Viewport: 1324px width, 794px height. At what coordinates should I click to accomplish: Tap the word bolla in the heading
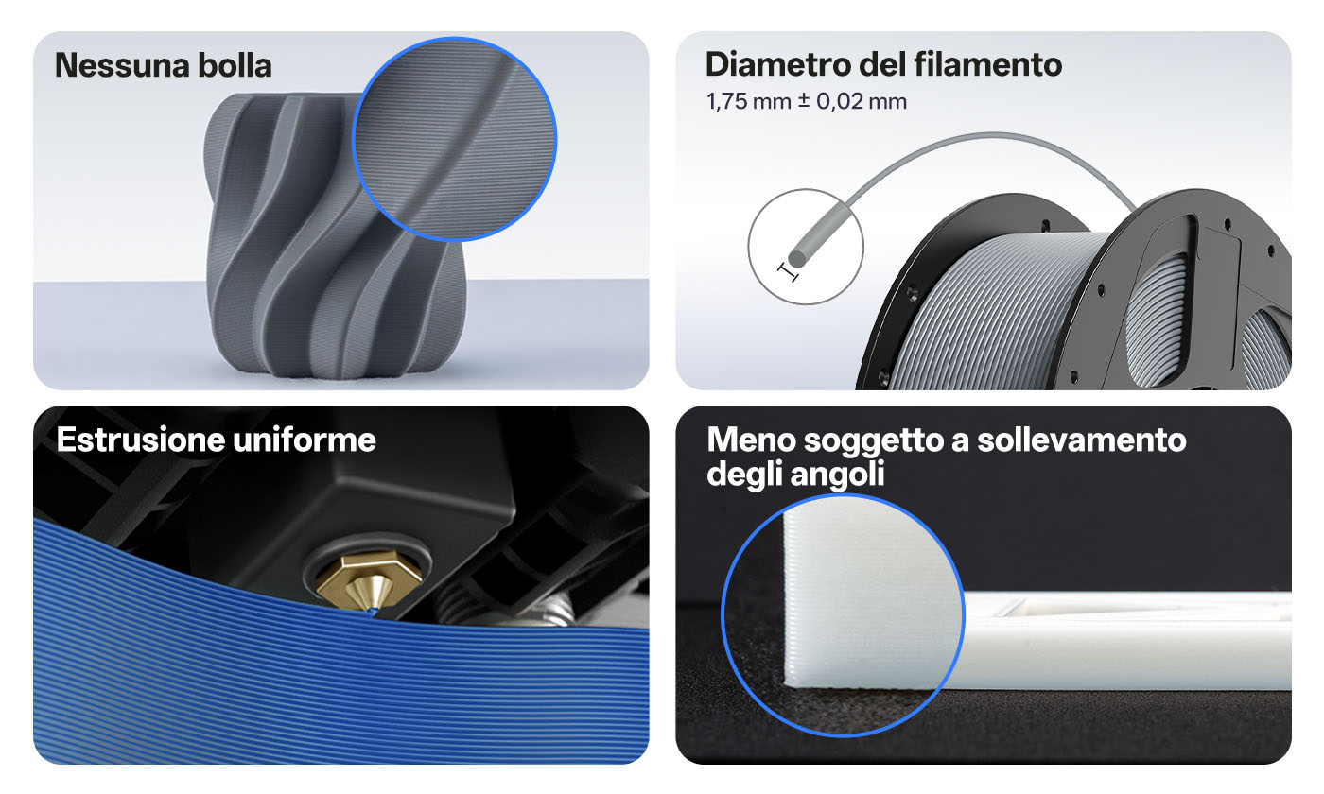tap(235, 65)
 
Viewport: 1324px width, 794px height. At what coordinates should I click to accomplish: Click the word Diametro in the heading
tap(777, 64)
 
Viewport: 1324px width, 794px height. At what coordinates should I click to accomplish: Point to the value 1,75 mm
tap(749, 102)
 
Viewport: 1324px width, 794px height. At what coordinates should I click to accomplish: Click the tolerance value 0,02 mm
tap(862, 102)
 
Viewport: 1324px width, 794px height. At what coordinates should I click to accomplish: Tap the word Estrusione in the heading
tap(141, 440)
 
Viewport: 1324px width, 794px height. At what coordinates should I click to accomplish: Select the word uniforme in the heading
tap(305, 440)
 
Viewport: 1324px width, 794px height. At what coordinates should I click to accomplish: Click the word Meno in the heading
tap(751, 440)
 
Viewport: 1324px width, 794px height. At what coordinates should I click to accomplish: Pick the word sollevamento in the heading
tap(1081, 440)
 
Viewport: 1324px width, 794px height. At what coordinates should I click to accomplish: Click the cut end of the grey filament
tap(798, 257)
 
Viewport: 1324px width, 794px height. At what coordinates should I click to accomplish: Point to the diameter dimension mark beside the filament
tap(788, 272)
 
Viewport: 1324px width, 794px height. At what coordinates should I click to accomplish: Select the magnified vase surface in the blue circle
tap(454, 140)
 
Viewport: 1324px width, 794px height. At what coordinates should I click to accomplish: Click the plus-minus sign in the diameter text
tap(804, 100)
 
